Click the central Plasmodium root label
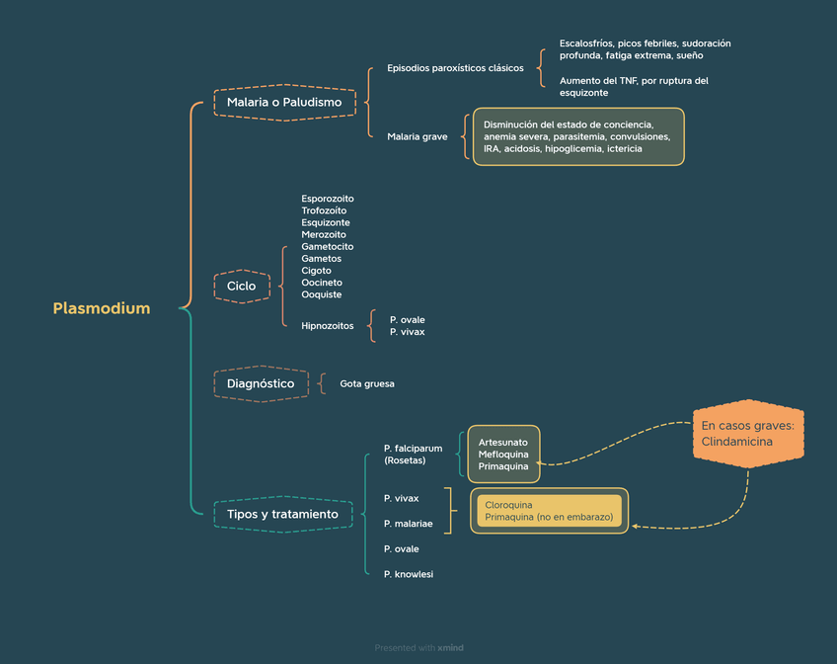[102, 308]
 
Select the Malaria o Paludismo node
[284, 102]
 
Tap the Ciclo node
[241, 286]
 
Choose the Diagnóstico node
[261, 383]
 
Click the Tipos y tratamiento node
[282, 514]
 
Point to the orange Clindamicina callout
[748, 434]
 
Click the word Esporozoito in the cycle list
[328, 199]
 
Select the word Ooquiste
[322, 294]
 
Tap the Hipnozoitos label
[328, 325]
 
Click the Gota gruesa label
[366, 383]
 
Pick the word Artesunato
[503, 442]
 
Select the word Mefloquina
[503, 454]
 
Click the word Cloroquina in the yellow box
[509, 505]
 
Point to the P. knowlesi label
[409, 574]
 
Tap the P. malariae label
[409, 524]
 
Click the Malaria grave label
[417, 136]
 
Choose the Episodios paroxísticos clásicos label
[455, 69]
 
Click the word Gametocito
[328, 246]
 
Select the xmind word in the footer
[450, 648]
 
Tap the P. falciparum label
[413, 448]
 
